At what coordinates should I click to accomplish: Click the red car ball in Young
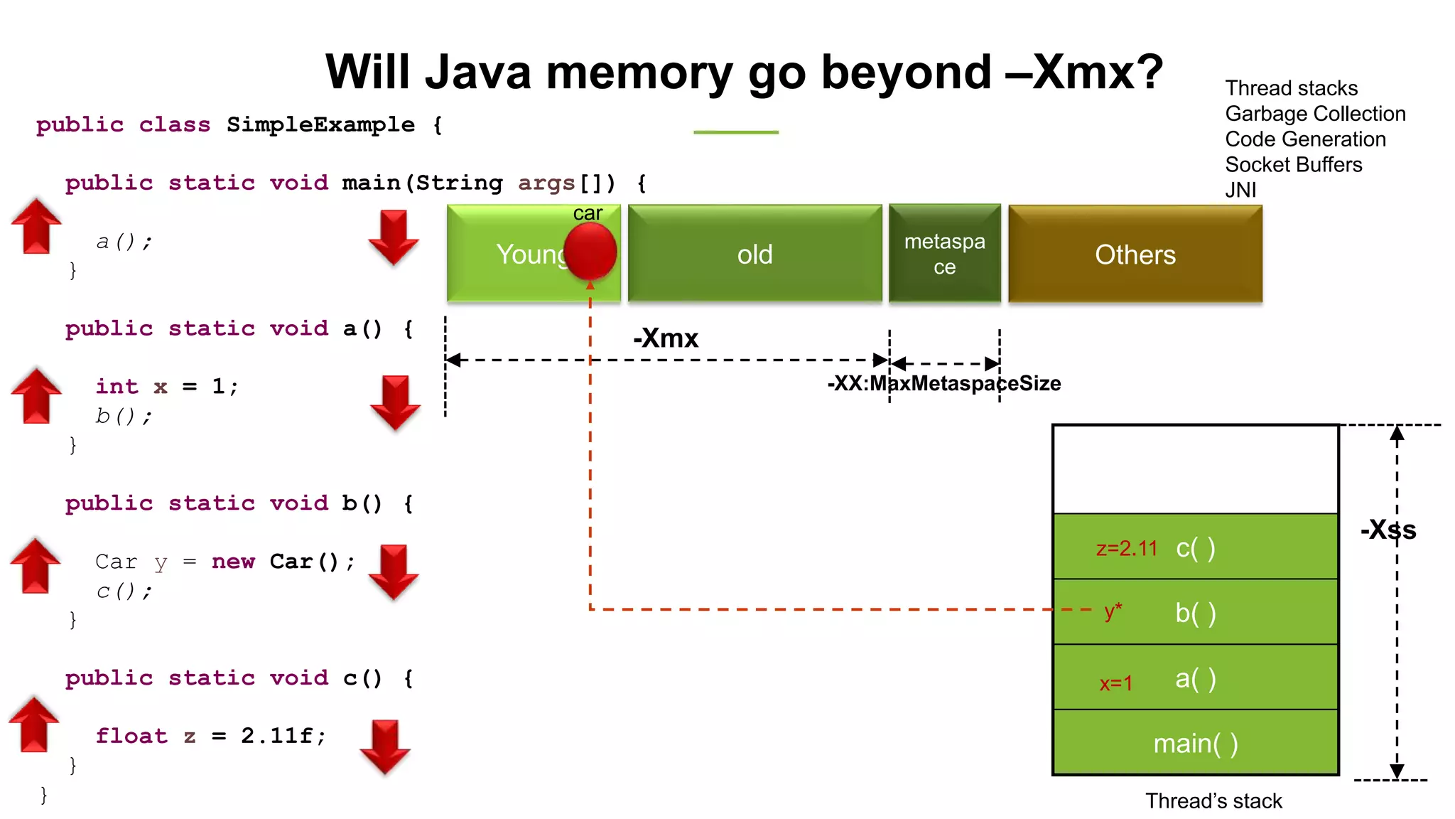point(590,251)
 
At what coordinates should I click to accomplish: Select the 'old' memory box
point(754,254)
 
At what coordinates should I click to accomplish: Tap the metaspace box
point(944,254)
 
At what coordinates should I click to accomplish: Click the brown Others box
point(1135,254)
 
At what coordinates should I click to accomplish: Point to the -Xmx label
point(666,338)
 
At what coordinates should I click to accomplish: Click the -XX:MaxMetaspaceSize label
point(943,384)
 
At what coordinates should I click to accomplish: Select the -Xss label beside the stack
point(1388,530)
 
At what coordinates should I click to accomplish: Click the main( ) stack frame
point(1195,743)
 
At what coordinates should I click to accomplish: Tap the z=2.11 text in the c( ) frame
point(1126,548)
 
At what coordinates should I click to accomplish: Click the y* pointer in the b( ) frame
point(1113,611)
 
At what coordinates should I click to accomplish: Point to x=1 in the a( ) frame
point(1115,683)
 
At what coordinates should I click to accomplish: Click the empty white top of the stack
point(1195,469)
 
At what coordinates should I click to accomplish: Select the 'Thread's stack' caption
point(1213,801)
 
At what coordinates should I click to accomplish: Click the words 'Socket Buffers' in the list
point(1293,165)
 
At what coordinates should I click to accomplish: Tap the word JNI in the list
point(1240,190)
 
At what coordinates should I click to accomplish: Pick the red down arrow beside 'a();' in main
point(393,237)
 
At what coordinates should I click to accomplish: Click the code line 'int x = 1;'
point(166,387)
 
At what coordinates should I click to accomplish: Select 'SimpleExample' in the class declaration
point(320,124)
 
